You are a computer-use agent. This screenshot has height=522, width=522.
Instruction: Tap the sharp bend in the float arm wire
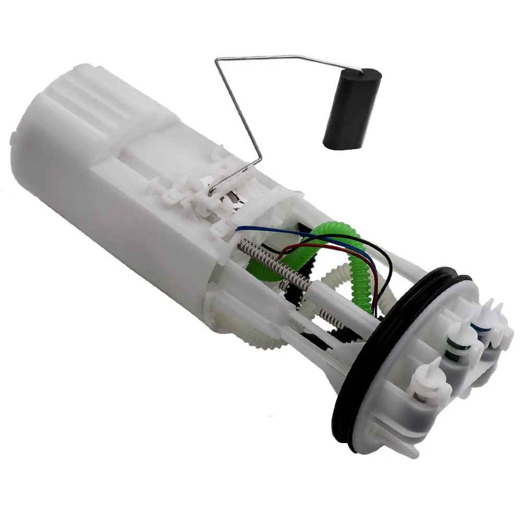pos(217,61)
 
